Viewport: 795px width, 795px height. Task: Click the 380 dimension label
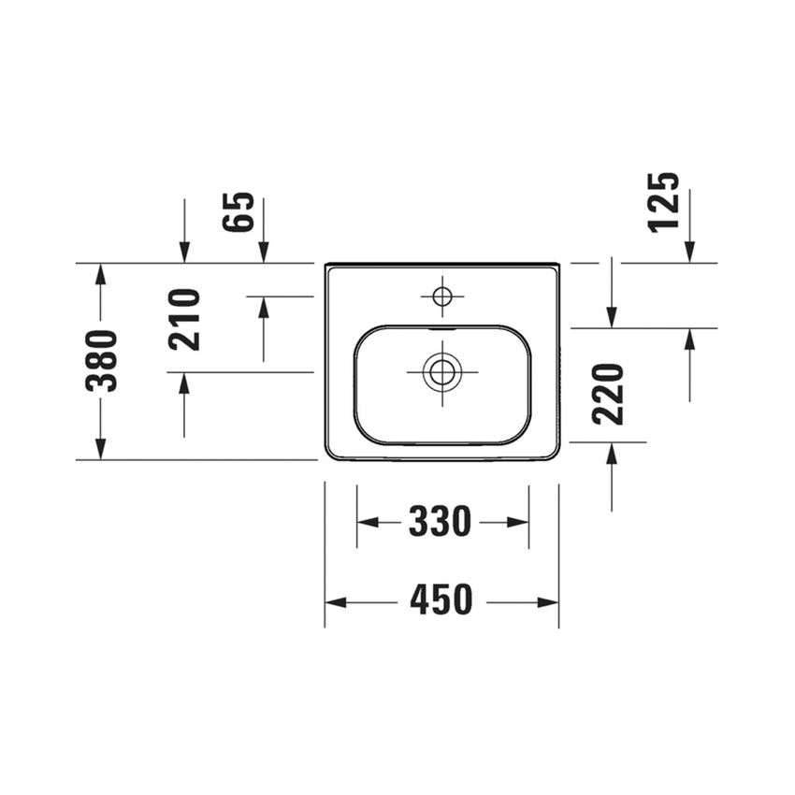pos(101,360)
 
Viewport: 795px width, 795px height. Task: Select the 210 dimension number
pos(184,320)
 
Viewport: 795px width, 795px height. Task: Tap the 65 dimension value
pos(238,212)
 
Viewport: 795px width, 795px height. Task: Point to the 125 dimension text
pos(664,203)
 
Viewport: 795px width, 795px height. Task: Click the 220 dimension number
pos(607,395)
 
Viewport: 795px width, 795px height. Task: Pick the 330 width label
pos(441,522)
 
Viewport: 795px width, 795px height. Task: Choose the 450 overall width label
pos(441,599)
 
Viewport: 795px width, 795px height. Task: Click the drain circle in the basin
pos(442,371)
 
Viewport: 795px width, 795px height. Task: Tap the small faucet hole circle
pos(442,296)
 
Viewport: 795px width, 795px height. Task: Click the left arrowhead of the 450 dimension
pos(336,603)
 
